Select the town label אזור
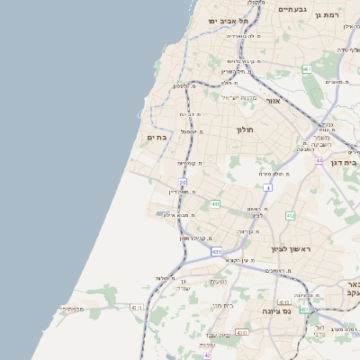[x=274, y=101]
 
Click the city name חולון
[x=246, y=130]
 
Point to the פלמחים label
[x=73, y=309]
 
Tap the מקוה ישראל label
[x=239, y=97]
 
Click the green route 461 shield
[x=307, y=69]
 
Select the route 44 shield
[x=319, y=161]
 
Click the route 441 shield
[x=215, y=204]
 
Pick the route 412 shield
[x=290, y=216]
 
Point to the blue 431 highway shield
[x=216, y=252]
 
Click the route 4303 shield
[x=241, y=332]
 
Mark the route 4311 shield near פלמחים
[x=136, y=308]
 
